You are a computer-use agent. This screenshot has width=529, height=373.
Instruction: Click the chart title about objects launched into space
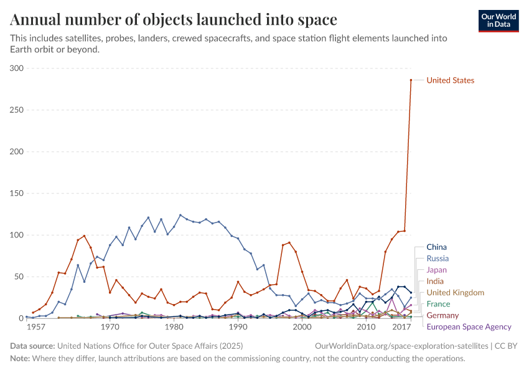point(174,20)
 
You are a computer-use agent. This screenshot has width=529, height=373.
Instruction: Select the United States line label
point(450,80)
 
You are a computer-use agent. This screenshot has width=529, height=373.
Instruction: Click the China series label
point(436,247)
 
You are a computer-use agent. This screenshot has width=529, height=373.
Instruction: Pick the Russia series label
point(438,259)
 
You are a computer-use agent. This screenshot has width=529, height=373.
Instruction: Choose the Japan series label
point(437,270)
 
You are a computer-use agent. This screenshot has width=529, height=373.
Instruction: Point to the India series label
point(435,281)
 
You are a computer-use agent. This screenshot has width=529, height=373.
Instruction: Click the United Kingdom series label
point(455,292)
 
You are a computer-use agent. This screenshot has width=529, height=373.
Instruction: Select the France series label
point(438,304)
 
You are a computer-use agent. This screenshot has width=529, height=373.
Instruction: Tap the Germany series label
point(442,315)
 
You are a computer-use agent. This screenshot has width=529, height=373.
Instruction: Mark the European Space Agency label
point(469,326)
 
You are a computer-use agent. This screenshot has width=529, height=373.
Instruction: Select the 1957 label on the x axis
point(35,327)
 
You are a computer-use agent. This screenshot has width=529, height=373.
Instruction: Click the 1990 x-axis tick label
point(238,327)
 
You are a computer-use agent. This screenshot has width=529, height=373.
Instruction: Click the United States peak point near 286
point(411,80)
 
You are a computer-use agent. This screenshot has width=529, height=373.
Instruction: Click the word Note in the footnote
point(21,359)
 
